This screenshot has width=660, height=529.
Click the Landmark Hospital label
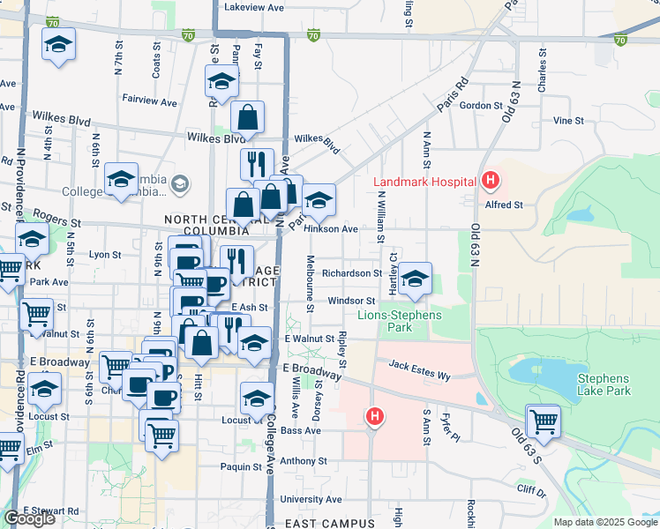[425, 183]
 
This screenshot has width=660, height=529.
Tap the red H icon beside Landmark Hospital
[491, 183]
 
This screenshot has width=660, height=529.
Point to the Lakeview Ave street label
[254, 6]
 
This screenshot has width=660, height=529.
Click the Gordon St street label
[481, 106]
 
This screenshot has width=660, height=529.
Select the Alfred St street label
[505, 205]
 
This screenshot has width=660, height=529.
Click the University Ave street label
[311, 500]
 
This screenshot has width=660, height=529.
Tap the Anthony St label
[304, 461]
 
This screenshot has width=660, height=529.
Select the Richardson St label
[351, 273]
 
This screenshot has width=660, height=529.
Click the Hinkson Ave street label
[331, 229]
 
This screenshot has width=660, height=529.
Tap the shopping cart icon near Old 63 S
[543, 421]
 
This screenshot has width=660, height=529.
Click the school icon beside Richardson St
[414, 278]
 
